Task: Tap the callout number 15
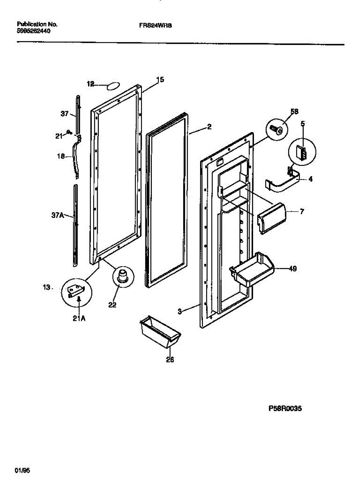click(160, 80)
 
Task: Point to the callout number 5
click(303, 124)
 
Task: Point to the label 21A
click(79, 319)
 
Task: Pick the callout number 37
click(65, 114)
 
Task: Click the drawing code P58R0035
click(285, 409)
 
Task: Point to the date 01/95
click(20, 470)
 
